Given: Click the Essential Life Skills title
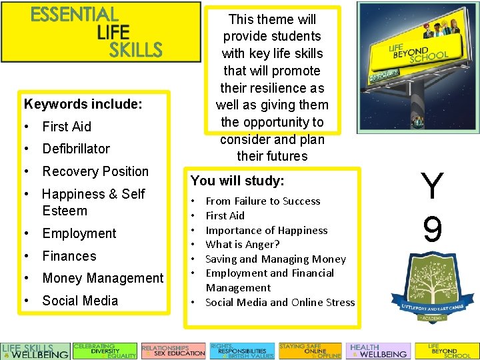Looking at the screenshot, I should coord(97,31).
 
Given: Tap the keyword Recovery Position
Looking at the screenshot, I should coord(95,171).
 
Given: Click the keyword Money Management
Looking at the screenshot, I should coord(103,278).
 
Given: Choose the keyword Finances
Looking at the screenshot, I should coord(69,256).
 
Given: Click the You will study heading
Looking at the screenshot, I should coord(237,181).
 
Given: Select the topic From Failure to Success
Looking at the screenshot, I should coord(263,201).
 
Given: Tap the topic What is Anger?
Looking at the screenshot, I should coord(243,245).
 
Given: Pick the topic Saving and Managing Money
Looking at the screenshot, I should coord(275,259).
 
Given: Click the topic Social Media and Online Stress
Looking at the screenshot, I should coord(280,302).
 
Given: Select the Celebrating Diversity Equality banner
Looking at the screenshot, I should coord(105,351).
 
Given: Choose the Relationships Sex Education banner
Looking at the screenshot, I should coord(173,351).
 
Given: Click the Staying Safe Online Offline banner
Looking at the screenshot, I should coord(309,351).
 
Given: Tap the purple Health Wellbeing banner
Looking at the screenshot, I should coord(378,351).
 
